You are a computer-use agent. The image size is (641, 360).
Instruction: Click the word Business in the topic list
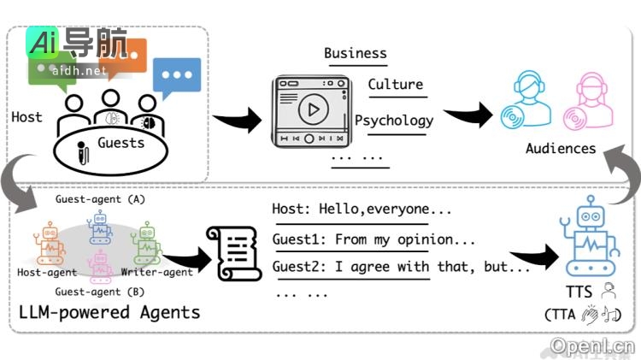[x=356, y=53]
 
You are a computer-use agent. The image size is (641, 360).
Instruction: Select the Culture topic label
[x=395, y=84]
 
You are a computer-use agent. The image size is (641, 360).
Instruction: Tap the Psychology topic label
[x=394, y=120]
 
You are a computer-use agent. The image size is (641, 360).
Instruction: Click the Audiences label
[x=561, y=148]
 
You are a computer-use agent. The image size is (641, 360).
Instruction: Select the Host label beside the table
[x=26, y=117]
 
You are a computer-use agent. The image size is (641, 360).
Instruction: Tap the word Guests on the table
[x=121, y=143]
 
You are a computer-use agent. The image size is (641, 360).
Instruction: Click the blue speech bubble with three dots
[x=177, y=76]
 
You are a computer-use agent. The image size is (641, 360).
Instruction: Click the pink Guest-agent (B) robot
[x=100, y=264]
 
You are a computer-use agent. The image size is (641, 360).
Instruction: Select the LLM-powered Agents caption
[x=109, y=312]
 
